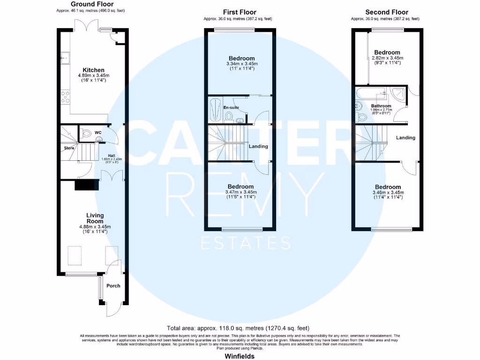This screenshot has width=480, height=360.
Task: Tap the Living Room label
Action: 95,218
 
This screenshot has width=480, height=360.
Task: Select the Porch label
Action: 113,285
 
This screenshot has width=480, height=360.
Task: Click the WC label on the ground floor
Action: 98,133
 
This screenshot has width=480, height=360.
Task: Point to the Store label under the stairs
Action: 69,148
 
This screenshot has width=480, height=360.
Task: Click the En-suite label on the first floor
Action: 231,107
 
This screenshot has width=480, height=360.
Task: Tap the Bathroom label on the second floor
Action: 381,106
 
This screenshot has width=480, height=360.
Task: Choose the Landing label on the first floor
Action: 258,146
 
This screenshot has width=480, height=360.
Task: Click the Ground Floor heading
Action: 92,4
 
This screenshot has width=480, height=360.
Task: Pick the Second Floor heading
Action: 386,12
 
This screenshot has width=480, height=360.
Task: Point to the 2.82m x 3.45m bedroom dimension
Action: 387,58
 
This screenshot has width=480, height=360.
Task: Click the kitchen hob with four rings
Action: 66,97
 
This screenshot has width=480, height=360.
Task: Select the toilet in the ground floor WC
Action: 85,134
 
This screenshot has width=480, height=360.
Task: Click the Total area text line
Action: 238,328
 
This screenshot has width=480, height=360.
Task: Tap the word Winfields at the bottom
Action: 239,356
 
